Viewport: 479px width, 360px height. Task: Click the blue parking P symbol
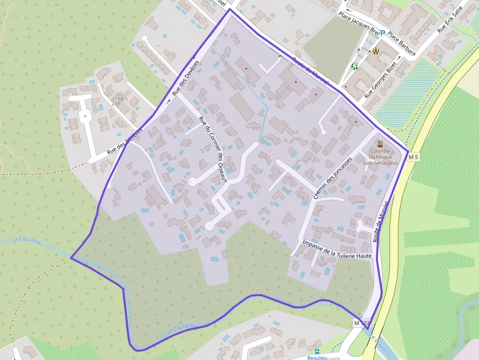tap(383, 33)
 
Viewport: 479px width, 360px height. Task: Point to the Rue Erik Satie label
tap(450, 23)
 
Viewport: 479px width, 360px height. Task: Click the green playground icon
tap(354, 66)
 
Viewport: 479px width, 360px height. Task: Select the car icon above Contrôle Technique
tap(380, 144)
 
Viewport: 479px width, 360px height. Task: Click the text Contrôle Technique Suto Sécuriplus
tap(380, 157)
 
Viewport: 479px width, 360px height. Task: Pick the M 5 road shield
tap(414, 157)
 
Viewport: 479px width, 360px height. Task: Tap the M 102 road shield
tap(362, 323)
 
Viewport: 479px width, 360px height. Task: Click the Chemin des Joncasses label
tap(332, 178)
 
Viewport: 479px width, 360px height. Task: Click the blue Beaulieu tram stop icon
tap(317, 351)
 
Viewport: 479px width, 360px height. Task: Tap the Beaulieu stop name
tap(317, 358)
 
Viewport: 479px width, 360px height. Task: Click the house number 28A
tap(117, 99)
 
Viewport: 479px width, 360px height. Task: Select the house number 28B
tap(116, 104)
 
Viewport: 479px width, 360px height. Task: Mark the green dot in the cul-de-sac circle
tap(86, 116)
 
